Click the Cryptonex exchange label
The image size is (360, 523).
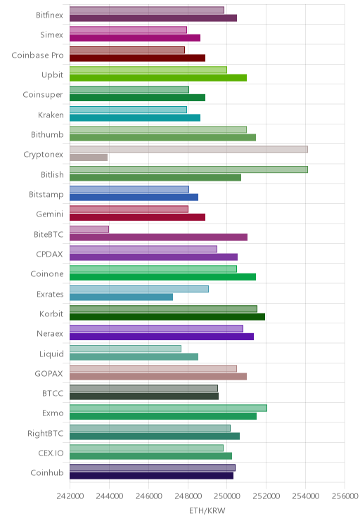pos(43,155)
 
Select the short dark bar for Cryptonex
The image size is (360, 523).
pos(89,157)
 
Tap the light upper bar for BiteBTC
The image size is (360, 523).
pos(89,229)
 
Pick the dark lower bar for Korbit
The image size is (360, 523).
pos(167,317)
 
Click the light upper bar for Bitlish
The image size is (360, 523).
pos(188,169)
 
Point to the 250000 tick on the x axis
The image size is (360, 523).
pos(227,496)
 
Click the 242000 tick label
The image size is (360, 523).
pos(70,496)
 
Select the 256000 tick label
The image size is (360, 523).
pos(345,496)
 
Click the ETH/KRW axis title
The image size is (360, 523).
pos(207,510)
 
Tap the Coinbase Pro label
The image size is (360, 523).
pos(37,55)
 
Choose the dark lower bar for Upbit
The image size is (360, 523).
pos(158,78)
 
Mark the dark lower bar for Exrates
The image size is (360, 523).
pos(121,297)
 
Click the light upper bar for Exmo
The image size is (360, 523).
pos(168,408)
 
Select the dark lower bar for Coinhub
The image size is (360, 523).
pos(151,476)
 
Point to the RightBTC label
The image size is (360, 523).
pos(46,433)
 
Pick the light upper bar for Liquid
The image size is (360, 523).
pos(125,349)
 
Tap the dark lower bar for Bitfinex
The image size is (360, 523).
pos(153,18)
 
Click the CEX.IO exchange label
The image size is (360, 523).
pos(51,453)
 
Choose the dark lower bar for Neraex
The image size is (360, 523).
pos(162,337)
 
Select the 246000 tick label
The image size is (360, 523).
pos(148,496)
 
